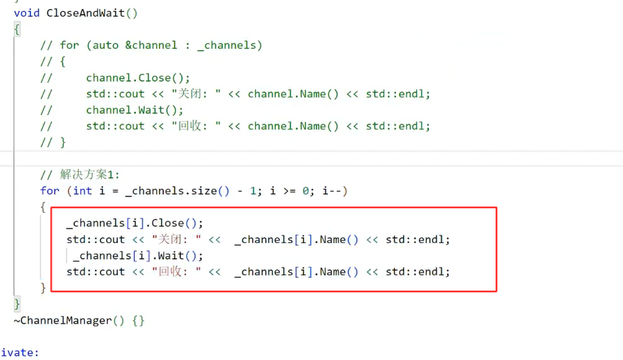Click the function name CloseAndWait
coord(85,13)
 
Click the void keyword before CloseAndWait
coord(27,13)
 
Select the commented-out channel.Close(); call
coord(138,78)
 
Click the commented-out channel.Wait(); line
coord(134,110)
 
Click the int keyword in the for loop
coord(82,191)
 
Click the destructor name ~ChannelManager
coord(63,320)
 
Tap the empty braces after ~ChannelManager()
coord(138,320)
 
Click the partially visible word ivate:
coord(20,353)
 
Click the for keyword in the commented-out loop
coord(69,46)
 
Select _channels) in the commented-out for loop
coord(230,46)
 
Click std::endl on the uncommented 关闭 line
coord(418,239)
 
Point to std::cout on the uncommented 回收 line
coord(96,272)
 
